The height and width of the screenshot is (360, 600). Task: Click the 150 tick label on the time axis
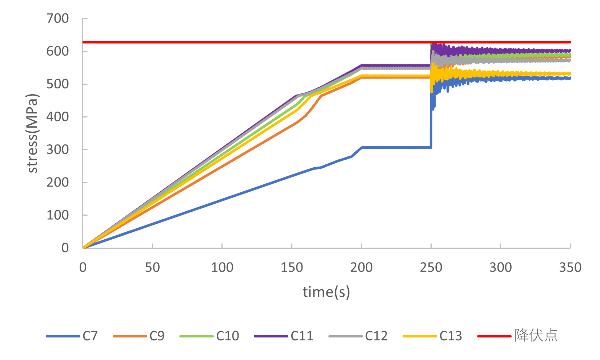(x=292, y=268)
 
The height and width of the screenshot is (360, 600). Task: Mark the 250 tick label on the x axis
(x=431, y=268)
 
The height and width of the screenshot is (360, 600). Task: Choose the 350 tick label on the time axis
(x=570, y=268)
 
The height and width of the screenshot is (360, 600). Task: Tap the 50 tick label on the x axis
(x=152, y=268)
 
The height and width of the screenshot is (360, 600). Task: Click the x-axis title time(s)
(x=326, y=292)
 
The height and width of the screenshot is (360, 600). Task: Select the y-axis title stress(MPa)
(x=32, y=133)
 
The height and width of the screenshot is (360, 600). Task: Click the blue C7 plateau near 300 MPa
(x=396, y=147)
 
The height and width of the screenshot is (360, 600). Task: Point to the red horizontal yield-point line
(x=255, y=42)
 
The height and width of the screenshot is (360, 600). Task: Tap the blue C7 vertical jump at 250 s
(x=431, y=127)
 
